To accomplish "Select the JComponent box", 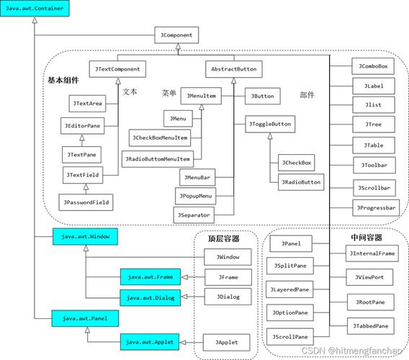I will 176,34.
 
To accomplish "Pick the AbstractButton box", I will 233,69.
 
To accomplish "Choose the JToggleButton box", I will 271,125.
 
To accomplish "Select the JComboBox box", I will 373,66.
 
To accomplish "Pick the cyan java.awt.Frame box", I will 150,276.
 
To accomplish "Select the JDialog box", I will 228,296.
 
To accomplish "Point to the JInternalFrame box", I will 372,253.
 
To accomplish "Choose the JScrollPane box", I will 291,336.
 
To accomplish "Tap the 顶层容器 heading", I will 223,238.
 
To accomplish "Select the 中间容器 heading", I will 364,237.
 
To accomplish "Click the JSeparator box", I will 193,214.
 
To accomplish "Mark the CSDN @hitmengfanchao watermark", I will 352,351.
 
